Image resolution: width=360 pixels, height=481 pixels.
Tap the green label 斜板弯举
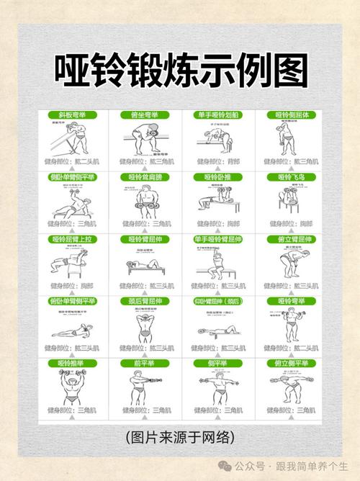pyautogui.click(x=71, y=114)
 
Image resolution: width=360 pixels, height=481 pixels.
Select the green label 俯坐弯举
pyautogui.click(x=145, y=114)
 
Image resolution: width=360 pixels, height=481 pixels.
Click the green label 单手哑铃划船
pyautogui.click(x=215, y=114)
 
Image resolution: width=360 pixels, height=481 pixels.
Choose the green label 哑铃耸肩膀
pyautogui.click(x=145, y=176)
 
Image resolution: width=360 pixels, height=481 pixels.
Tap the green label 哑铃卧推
pyautogui.click(x=215, y=176)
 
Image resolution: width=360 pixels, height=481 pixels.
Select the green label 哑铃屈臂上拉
pyautogui.click(x=71, y=239)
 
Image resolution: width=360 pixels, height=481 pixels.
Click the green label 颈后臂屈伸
pyautogui.click(x=145, y=301)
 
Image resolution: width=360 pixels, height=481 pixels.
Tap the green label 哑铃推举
pyautogui.click(x=71, y=364)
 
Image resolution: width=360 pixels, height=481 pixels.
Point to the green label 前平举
pyautogui.click(x=145, y=364)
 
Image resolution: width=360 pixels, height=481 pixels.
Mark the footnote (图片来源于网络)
pyautogui.click(x=180, y=438)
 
